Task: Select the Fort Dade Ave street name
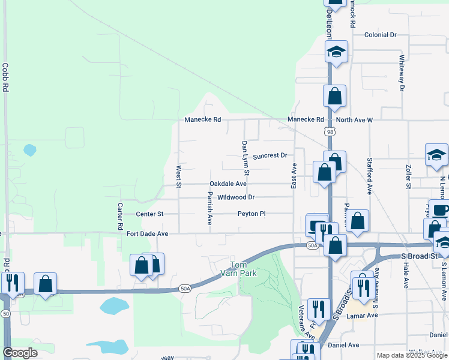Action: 147,233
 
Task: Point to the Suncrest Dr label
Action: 270,156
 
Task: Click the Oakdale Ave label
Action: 228,184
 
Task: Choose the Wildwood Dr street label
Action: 236,197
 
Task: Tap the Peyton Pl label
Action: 251,214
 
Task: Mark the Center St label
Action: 149,214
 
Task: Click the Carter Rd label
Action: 120,214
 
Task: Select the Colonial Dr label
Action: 381,35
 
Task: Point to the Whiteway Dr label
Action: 402,74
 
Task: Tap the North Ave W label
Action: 354,120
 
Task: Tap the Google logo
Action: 20,353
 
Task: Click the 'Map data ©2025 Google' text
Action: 412,355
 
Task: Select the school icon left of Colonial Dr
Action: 337,52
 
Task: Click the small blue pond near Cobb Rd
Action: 29,150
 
